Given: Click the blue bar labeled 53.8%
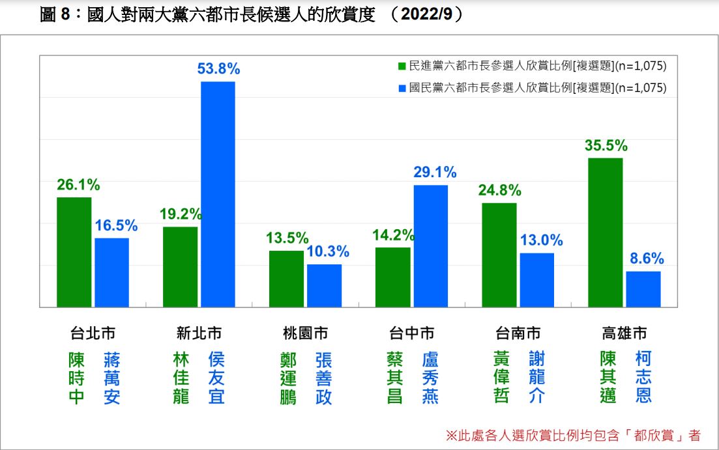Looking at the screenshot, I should tap(218, 194).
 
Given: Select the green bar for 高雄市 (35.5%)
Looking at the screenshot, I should tap(605, 232).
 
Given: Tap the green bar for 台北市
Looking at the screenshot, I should tap(74, 251).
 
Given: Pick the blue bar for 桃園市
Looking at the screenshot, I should tap(324, 285).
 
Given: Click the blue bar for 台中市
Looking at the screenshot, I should tap(430, 246).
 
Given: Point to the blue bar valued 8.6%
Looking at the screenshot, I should tap(643, 288).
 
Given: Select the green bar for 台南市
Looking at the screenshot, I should tap(499, 255).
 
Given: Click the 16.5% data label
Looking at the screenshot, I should tap(116, 226).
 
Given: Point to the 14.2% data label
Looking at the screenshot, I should tap(392, 235).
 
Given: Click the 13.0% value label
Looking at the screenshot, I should tap(541, 240).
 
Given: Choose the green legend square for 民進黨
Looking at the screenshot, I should tap(402, 66).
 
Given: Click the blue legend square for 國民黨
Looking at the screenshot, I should tap(402, 88).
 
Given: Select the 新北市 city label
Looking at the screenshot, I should tap(199, 333).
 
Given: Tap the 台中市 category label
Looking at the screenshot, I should tap(411, 333).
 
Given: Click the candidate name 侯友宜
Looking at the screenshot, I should tap(216, 378).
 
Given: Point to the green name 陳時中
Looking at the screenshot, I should tap(76, 378).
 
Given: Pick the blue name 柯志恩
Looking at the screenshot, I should tap(643, 378).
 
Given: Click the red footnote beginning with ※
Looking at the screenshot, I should tap(573, 435).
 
